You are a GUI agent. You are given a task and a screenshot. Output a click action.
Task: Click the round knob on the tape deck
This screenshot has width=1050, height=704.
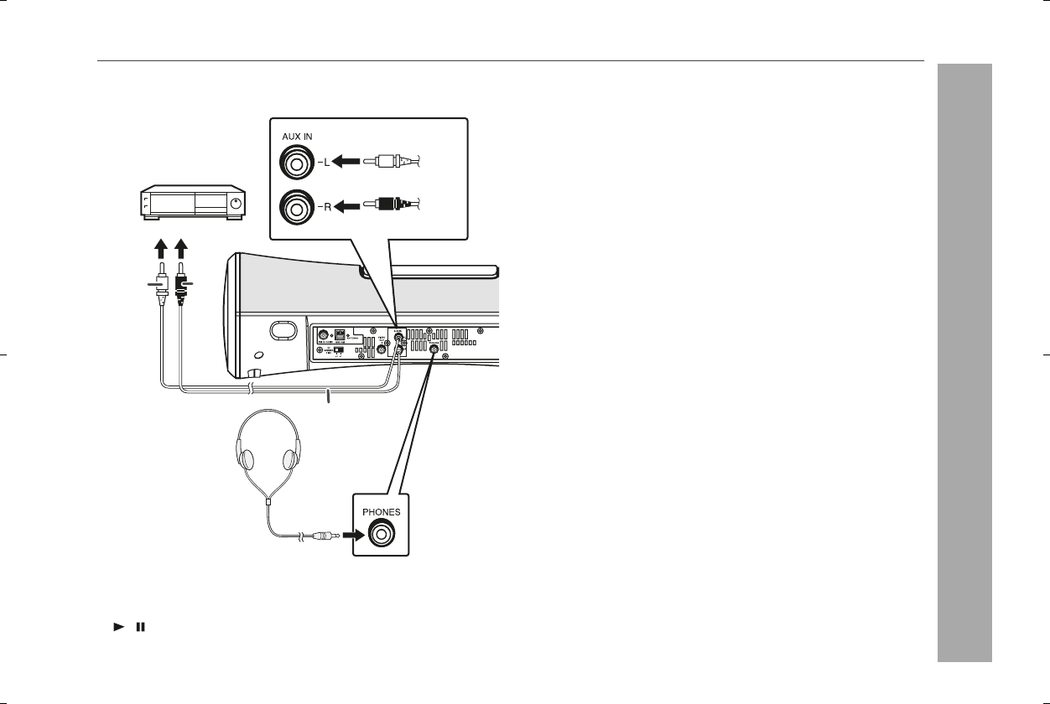click(237, 203)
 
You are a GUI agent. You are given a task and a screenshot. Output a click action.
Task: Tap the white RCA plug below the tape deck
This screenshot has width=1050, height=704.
click(163, 284)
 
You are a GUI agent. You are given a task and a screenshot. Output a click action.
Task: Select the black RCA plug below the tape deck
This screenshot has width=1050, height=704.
click(181, 284)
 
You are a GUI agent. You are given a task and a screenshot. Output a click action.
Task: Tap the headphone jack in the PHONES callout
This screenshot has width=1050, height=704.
click(382, 533)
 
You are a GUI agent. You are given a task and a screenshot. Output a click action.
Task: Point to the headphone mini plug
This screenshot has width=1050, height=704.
click(324, 534)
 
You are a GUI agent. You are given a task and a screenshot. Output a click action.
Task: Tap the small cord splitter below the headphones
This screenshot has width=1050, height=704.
click(268, 500)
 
